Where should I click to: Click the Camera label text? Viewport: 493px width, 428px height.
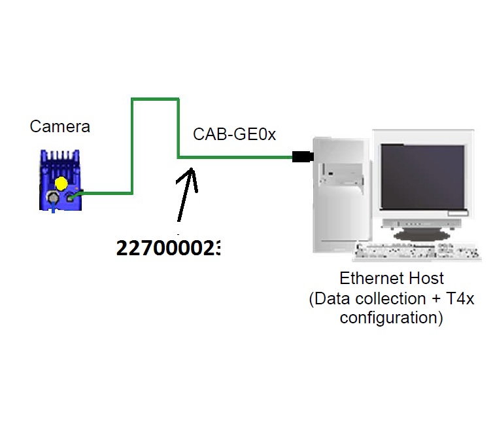coord(59,126)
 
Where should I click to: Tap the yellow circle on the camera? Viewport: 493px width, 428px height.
coord(61,183)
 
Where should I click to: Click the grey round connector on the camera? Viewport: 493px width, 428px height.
coord(50,197)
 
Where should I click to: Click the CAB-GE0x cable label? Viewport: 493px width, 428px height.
coord(234,135)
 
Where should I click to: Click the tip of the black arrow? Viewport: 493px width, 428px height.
coord(192,169)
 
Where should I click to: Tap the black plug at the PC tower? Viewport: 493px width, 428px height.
coord(303,156)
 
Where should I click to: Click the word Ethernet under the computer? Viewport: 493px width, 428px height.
coord(367,278)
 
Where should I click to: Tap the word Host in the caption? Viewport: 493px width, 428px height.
coord(426,278)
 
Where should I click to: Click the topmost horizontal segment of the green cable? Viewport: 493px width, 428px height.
coord(155,99)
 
